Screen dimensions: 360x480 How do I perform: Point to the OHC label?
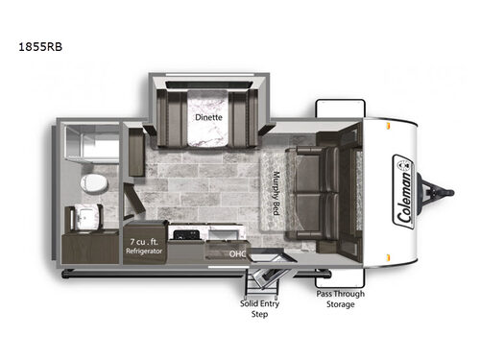(237, 254)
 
